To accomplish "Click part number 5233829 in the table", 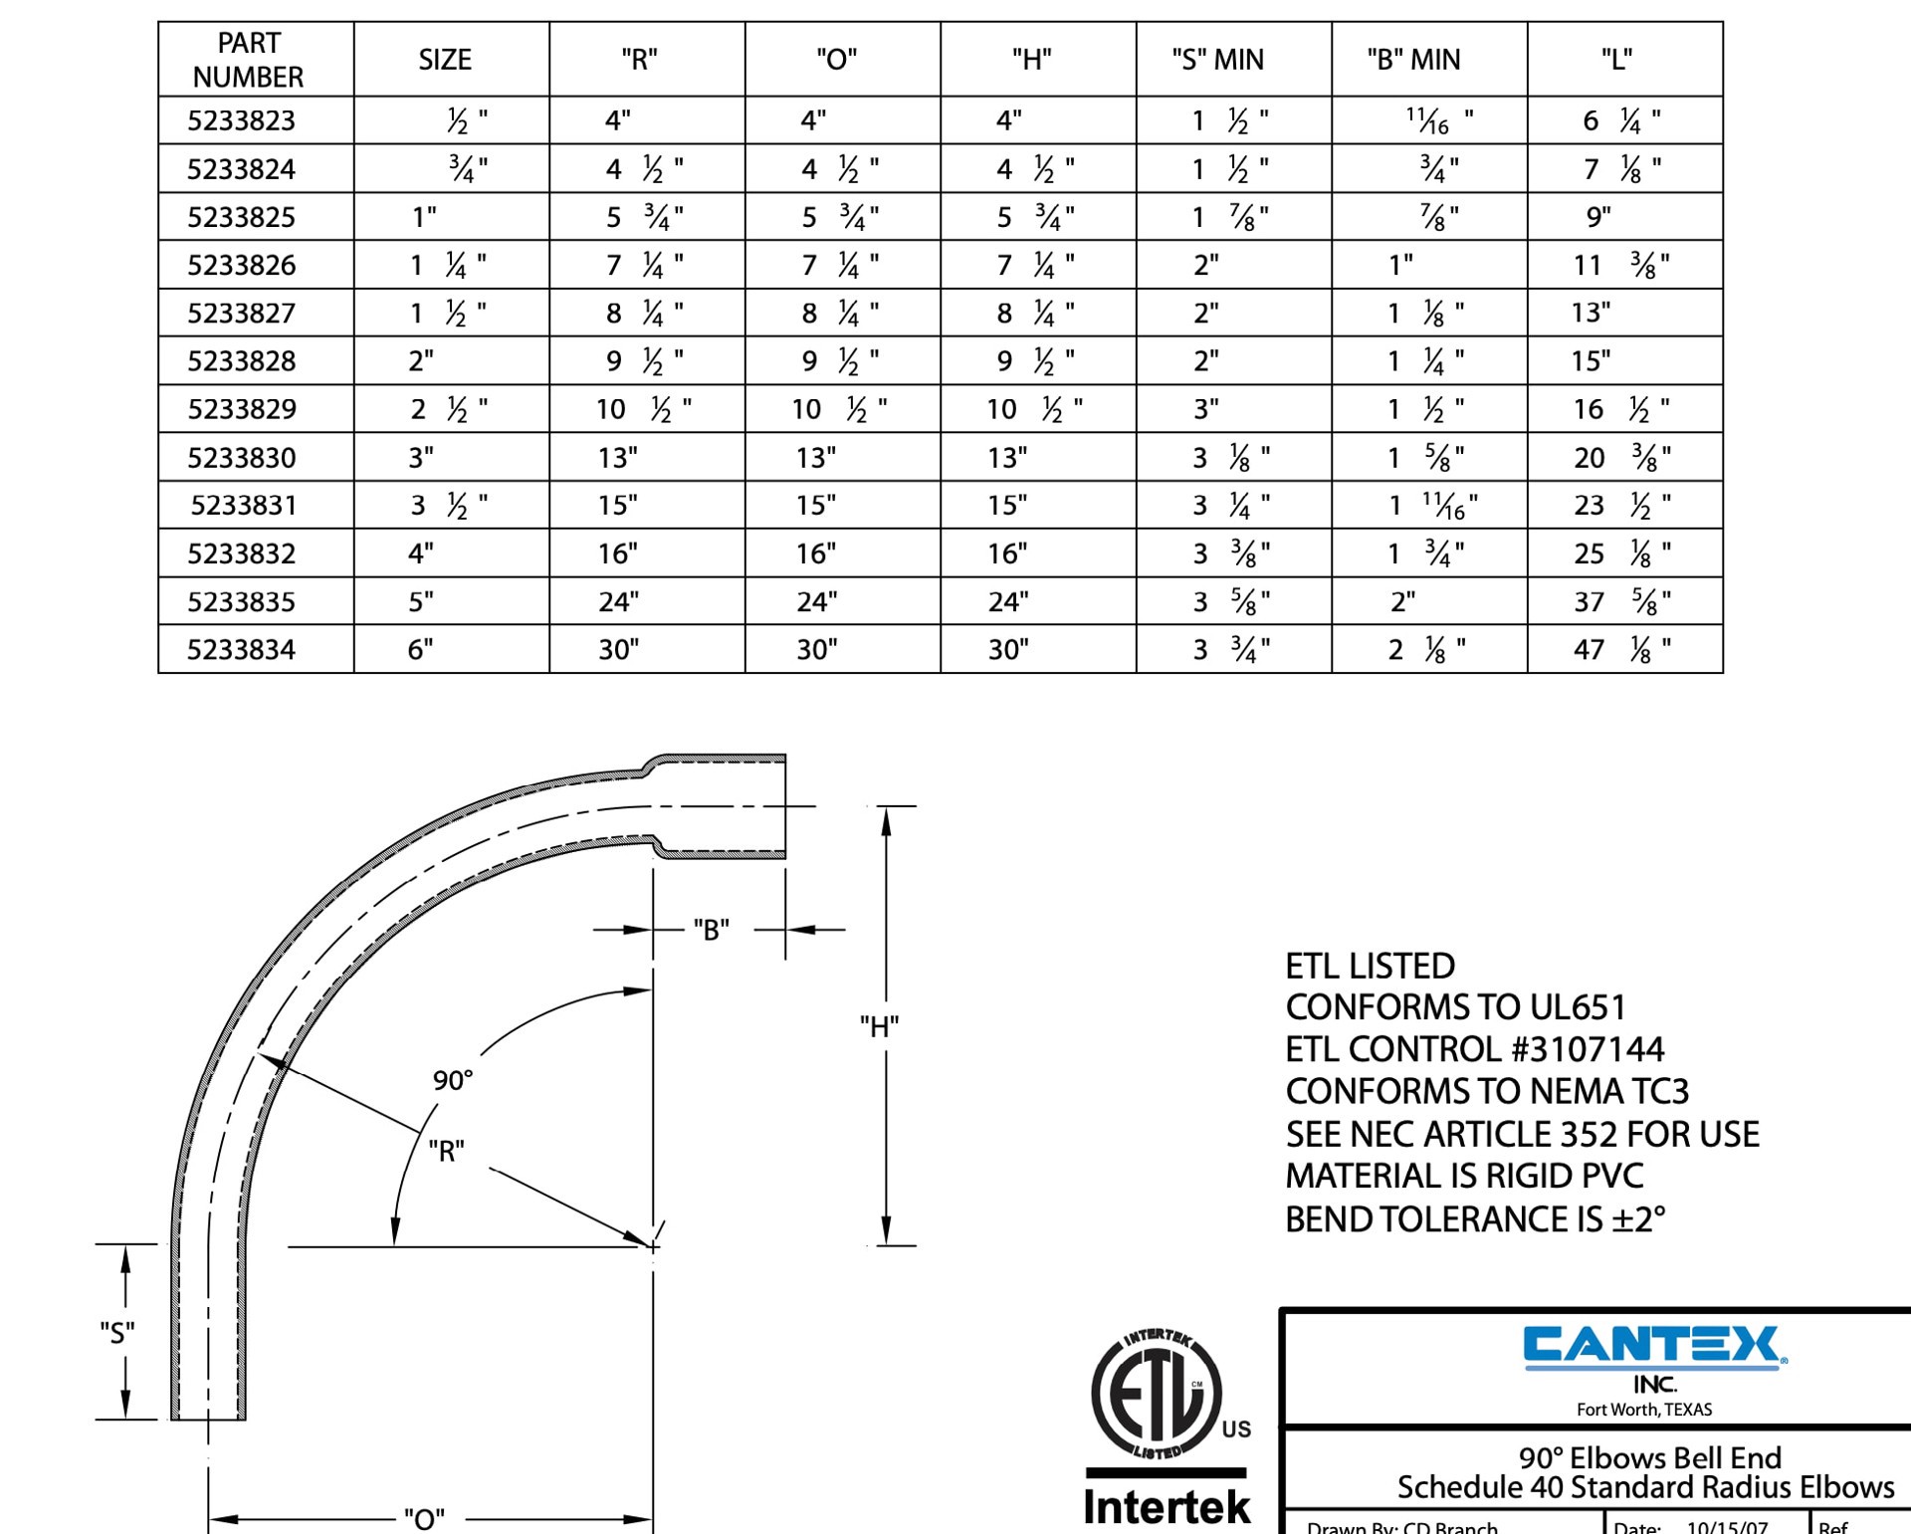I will point(242,409).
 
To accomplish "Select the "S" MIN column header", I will point(1217,60).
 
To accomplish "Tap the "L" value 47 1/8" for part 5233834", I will point(1621,650).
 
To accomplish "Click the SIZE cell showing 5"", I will point(421,602).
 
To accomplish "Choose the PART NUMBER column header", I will point(248,60).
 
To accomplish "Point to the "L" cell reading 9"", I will point(1598,217).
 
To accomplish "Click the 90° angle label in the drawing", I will point(453,1080).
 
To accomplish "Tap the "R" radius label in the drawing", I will point(446,1152).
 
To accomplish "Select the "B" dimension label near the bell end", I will point(711,930).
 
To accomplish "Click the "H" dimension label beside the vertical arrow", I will point(880,1026).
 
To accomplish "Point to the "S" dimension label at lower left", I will point(117,1332).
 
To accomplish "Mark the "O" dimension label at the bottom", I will point(424,1518).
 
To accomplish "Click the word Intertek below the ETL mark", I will point(1166,1507).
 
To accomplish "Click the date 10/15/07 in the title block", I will point(1727,1526).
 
